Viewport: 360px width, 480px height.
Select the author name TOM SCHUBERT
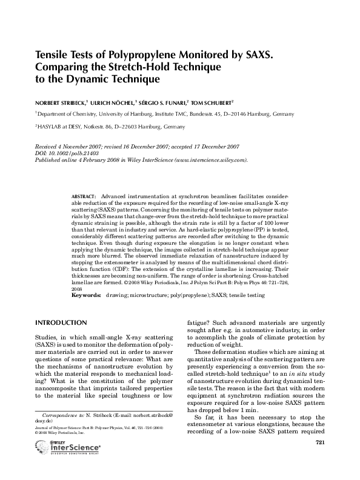pyautogui.click(x=212, y=102)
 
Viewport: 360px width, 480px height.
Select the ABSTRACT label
pyautogui.click(x=83, y=198)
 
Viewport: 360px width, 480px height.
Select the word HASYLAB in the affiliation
pyautogui.click(x=51, y=127)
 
